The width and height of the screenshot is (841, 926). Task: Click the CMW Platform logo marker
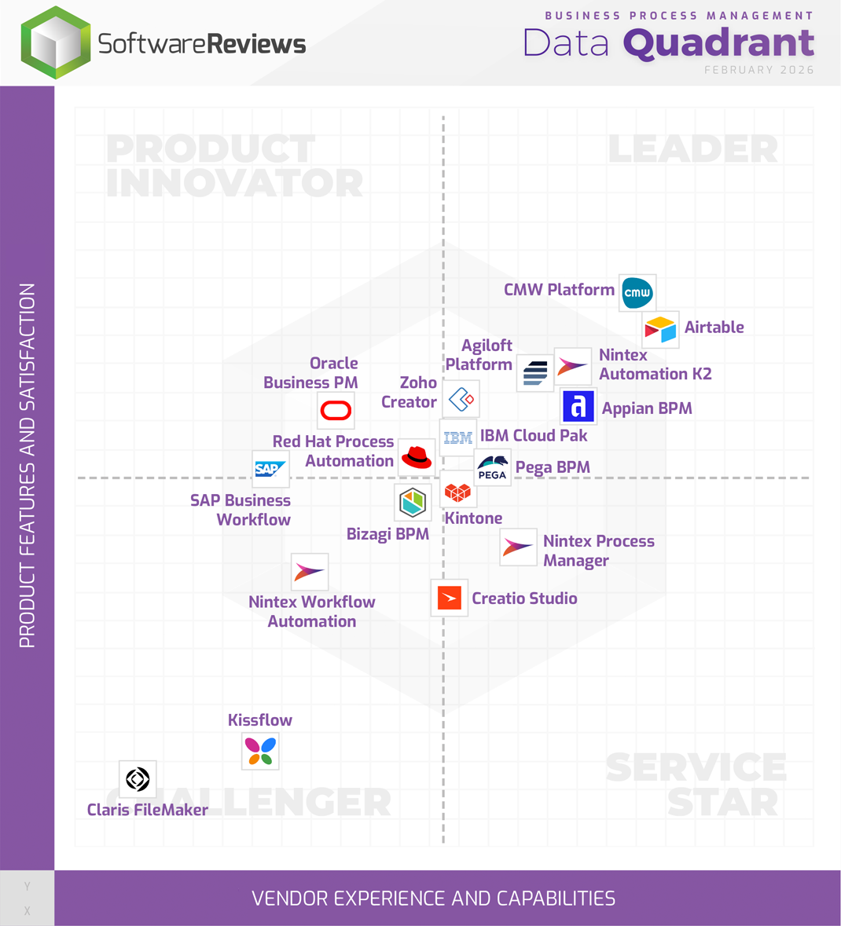click(x=637, y=293)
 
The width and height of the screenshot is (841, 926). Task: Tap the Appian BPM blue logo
click(x=578, y=406)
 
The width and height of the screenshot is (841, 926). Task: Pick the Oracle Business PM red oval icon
click(x=336, y=410)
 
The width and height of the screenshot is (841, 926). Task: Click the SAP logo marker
click(x=270, y=469)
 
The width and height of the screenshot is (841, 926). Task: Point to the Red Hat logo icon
click(x=416, y=457)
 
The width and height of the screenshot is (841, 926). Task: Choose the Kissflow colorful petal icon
click(x=260, y=752)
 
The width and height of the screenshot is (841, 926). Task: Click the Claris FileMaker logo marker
click(x=138, y=779)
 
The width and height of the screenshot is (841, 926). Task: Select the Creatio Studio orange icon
click(x=450, y=598)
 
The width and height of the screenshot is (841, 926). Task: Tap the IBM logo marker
click(x=457, y=437)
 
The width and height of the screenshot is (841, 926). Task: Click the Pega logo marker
click(x=493, y=468)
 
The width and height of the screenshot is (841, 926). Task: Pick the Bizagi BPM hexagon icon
click(x=413, y=502)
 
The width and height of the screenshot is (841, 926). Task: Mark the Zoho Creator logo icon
click(x=461, y=399)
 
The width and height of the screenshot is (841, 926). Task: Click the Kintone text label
click(x=473, y=518)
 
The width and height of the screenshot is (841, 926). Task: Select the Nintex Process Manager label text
click(x=598, y=551)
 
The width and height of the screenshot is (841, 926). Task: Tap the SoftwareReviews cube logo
click(x=56, y=42)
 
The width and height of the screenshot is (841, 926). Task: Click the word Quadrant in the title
click(x=718, y=43)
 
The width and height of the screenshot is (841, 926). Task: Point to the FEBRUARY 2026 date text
click(x=758, y=70)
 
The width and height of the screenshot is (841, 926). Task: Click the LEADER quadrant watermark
click(x=692, y=148)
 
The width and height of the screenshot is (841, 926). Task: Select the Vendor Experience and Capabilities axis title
click(x=433, y=899)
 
